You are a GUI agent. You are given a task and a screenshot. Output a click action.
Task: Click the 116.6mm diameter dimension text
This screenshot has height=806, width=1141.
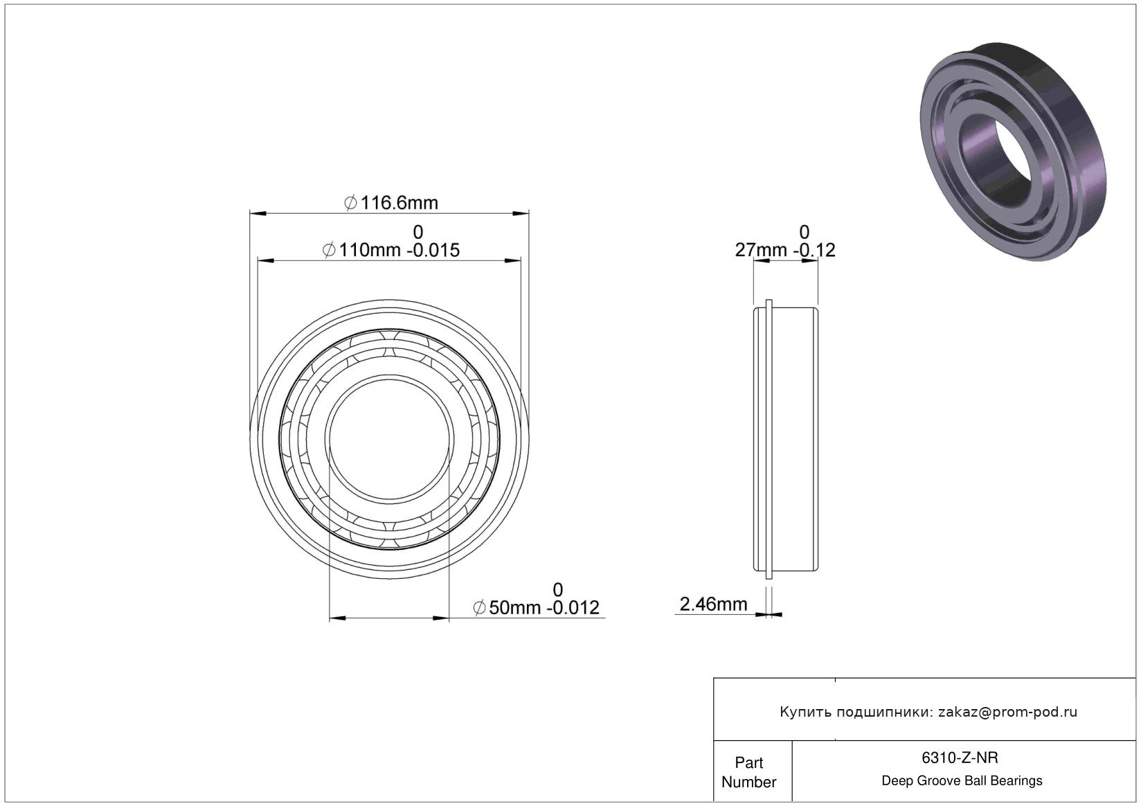[399, 203]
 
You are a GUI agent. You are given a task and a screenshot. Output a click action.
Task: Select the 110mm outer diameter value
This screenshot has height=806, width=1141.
[370, 250]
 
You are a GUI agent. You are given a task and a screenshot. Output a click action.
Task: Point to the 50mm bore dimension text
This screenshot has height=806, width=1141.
[514, 608]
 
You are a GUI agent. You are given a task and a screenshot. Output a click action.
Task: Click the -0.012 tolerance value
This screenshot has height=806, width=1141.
[573, 608]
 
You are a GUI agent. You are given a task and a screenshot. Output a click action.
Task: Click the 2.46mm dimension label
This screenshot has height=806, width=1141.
[713, 604]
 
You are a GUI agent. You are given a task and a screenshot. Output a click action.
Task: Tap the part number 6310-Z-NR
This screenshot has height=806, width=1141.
[960, 758]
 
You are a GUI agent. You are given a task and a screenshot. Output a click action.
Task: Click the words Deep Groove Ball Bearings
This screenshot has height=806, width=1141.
[962, 780]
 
